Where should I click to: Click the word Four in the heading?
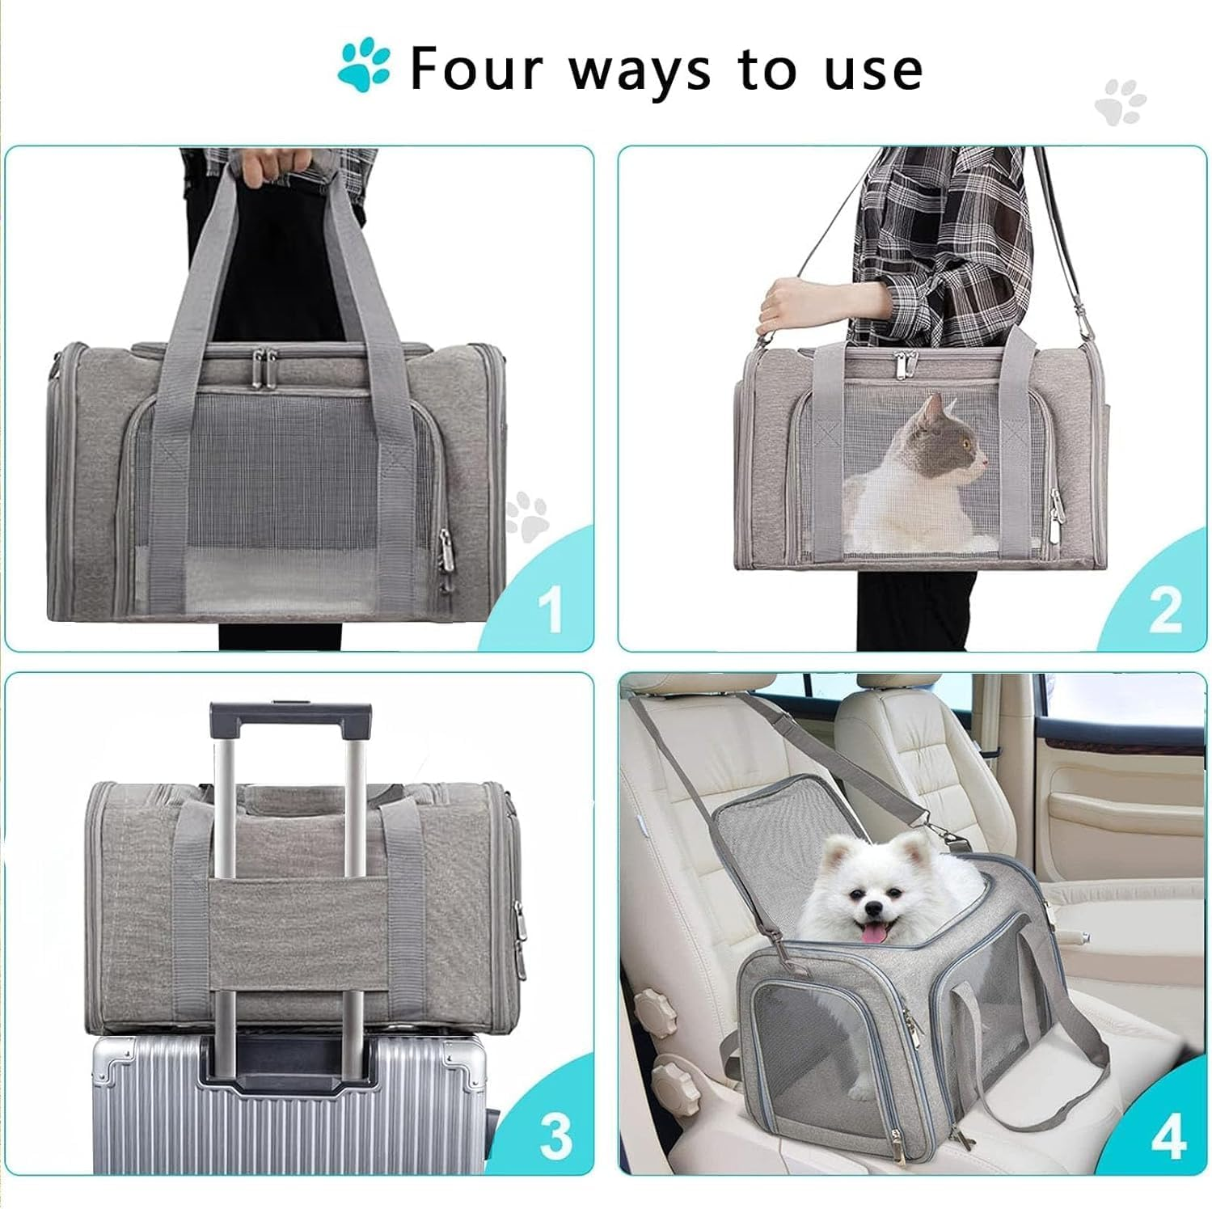point(477,70)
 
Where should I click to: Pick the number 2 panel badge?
point(1165,610)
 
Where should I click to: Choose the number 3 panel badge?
point(555,1135)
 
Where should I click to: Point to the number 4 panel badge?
point(1168,1135)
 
